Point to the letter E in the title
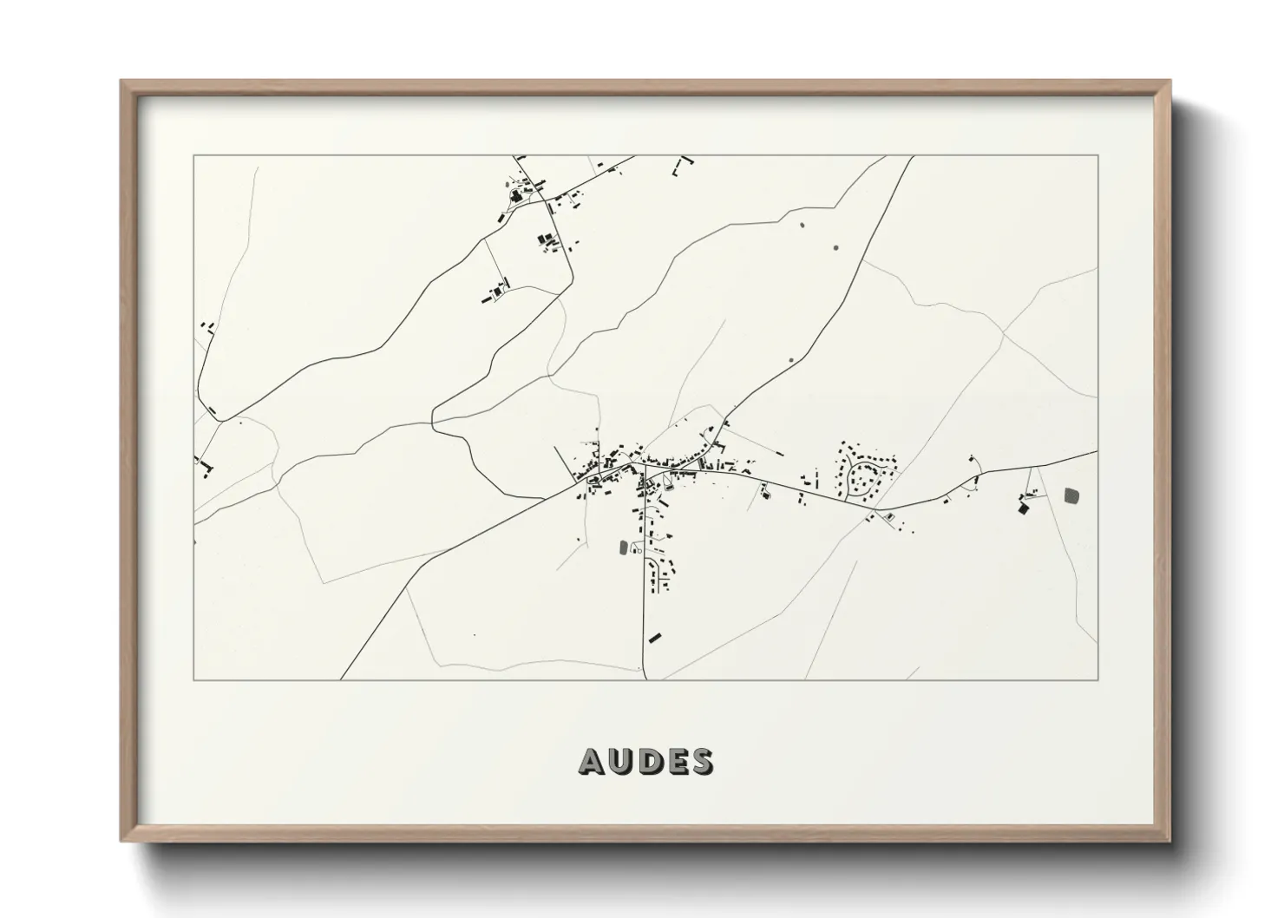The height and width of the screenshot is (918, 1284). pos(674,761)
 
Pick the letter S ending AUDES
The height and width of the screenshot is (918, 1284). pos(700,761)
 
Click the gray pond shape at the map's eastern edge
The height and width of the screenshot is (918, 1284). pos(1072,495)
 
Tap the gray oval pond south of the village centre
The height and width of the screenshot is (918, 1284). pos(623,548)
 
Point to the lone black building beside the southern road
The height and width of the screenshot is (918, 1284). pos(655,638)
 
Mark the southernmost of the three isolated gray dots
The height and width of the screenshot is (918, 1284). pos(790,360)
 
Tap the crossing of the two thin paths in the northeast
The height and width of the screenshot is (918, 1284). pos(1003,332)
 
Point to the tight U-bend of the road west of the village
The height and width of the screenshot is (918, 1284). pos(434,420)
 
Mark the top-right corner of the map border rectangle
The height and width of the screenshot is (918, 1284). pos(1097,155)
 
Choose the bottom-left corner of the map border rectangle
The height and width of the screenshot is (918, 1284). pos(193,680)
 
